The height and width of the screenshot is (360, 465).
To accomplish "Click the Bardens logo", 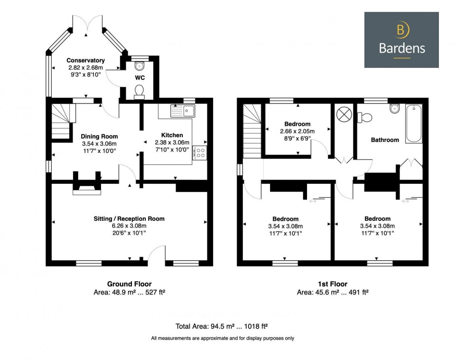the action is coord(401,40).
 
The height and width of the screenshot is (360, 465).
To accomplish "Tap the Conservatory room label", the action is coord(85,60).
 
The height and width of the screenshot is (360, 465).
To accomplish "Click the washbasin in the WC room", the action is coord(139,65).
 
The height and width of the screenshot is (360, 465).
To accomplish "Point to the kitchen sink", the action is coord(183,111).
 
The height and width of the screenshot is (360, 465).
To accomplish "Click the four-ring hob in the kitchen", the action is coord(200,153).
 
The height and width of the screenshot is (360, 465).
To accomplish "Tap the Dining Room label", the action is coord(99,136).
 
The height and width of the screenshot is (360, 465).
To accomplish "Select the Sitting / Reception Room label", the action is coord(129,219).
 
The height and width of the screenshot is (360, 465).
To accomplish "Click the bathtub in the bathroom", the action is coord(414,123).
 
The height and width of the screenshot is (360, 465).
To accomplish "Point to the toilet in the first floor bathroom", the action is coord(364,117).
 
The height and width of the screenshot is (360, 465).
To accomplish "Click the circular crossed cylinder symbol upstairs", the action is coord(344,114).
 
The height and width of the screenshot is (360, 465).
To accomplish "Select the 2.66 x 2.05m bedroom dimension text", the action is coord(297,131).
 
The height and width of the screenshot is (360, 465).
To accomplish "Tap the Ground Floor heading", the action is coord(129,284).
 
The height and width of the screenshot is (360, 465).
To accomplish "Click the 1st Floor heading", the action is coord(333,284).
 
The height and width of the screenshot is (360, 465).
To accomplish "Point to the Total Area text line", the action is coord(222,326).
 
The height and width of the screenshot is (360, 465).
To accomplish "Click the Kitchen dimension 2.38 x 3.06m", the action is coord(172,142).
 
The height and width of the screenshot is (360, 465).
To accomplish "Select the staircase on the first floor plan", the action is coord(252,131).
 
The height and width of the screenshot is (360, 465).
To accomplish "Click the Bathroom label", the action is coord(385,140).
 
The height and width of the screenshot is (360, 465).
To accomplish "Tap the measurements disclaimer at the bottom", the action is coord(223,338).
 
